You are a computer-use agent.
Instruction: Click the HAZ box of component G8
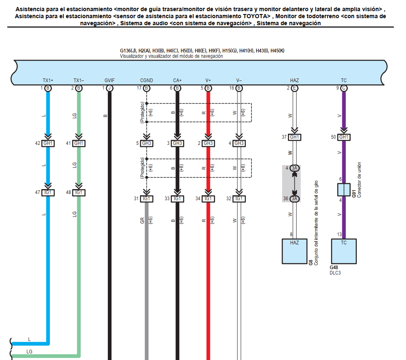click(x=294, y=251)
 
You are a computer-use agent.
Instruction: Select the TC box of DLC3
click(x=344, y=251)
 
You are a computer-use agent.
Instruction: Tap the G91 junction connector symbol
click(x=344, y=190)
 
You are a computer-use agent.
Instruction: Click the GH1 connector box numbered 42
click(x=48, y=143)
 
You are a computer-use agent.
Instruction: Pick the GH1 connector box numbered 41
click(x=79, y=143)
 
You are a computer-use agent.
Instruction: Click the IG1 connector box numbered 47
click(x=48, y=192)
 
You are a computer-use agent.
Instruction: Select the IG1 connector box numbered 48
click(x=79, y=192)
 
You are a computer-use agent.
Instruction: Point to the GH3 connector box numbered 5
click(x=146, y=143)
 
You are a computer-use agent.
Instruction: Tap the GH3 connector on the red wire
click(x=208, y=143)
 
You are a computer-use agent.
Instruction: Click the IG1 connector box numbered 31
click(x=146, y=199)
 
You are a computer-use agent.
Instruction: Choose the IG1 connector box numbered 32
click(x=239, y=199)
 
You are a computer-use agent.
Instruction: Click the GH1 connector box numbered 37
click(x=294, y=137)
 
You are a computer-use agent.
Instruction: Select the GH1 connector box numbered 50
click(x=344, y=137)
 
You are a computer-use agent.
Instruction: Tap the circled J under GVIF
click(x=109, y=88)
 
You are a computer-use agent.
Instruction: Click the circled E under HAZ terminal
click(x=294, y=88)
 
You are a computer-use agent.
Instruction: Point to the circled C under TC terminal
click(x=344, y=88)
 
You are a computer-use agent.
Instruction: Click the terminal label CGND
click(x=146, y=81)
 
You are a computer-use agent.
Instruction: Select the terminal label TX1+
click(x=48, y=81)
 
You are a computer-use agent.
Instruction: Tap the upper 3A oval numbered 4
click(x=294, y=168)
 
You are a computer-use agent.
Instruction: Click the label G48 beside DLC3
click(x=334, y=268)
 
